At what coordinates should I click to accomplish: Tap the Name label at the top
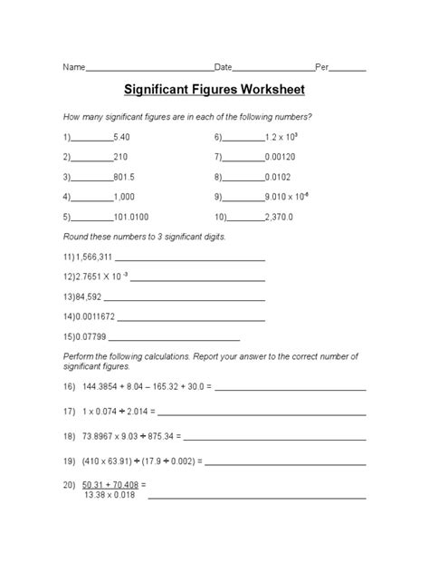tap(72, 68)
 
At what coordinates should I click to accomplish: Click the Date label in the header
tap(223, 68)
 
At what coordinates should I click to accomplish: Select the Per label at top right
tap(322, 68)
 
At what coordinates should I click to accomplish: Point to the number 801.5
tap(124, 177)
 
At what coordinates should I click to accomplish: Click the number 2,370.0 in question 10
tap(279, 218)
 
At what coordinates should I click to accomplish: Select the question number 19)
tap(70, 460)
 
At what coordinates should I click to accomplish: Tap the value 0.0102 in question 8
tap(279, 177)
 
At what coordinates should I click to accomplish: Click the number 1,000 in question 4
tap(124, 197)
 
